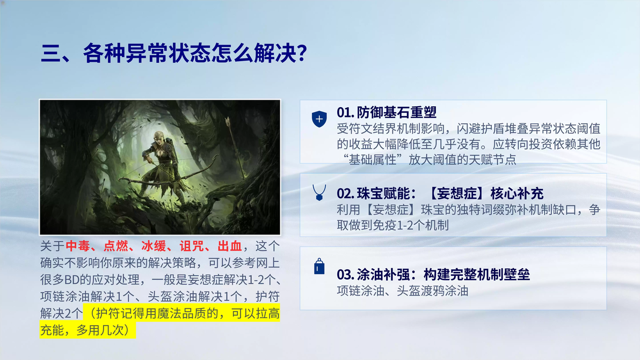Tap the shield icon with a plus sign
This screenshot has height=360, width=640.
point(319,119)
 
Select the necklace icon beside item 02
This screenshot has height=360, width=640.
point(319,193)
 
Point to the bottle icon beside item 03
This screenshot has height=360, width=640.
point(319,266)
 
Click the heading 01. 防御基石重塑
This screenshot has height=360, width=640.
point(387,112)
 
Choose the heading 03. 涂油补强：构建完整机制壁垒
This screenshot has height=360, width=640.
point(433,274)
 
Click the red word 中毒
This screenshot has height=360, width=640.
point(77,246)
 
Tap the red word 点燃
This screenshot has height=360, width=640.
point(115,246)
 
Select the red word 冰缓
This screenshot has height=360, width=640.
point(154,246)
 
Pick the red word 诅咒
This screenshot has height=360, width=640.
point(192,246)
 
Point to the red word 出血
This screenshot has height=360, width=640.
point(230,246)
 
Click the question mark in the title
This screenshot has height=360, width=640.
point(302,54)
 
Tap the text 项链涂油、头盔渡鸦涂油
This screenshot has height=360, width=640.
point(403,291)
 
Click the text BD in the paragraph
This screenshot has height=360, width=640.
point(72,280)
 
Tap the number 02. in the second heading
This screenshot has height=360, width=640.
point(345,193)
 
